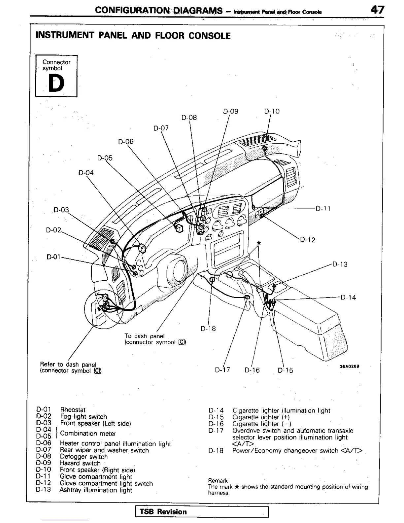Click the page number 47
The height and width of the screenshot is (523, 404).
tap(377, 10)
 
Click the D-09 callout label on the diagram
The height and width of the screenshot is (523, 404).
tap(231, 111)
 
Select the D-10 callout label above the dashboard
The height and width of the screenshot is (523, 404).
tap(272, 111)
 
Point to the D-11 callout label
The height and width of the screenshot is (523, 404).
tap(323, 209)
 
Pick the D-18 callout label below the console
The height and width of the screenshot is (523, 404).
tap(208, 329)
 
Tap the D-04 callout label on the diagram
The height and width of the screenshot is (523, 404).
tap(86, 173)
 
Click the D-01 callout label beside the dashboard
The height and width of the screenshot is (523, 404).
tap(53, 257)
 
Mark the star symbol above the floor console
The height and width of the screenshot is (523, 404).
tap(259, 243)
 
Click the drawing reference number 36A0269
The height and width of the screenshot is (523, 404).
tap(350, 366)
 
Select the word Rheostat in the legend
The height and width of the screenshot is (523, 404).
tap(73, 410)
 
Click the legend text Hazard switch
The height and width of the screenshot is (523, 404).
tap(80, 463)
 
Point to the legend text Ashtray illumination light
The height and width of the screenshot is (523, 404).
tap(96, 490)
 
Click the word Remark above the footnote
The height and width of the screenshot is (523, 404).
tap(218, 480)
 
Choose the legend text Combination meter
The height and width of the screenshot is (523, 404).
tap(88, 434)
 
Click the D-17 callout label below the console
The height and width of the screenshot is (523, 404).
tap(222, 370)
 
